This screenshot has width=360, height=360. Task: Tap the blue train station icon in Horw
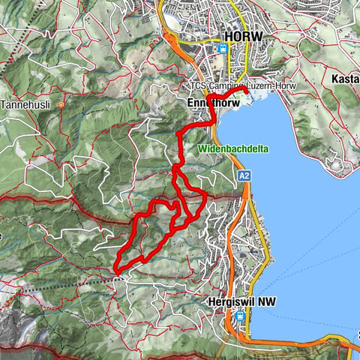click(222, 49)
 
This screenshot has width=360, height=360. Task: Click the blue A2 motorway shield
click(244, 175)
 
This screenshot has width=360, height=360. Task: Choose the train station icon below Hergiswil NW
click(238, 316)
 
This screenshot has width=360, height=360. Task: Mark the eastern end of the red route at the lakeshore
click(247, 91)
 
